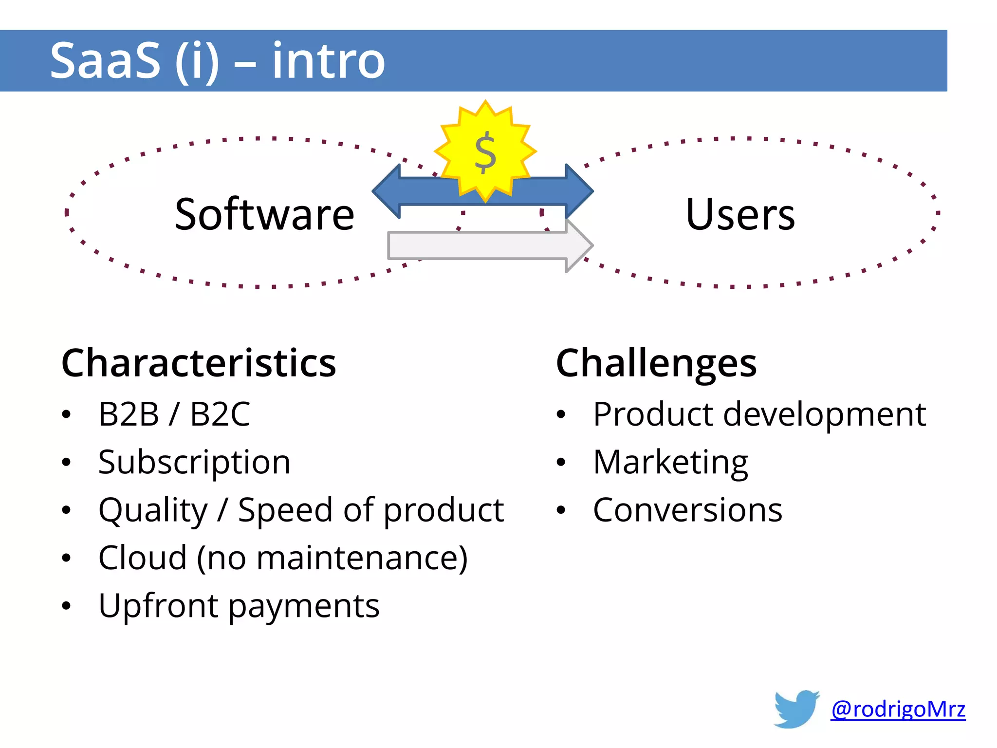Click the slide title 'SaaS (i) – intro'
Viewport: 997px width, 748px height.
[217, 61]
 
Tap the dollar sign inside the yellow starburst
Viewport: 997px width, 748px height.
[485, 153]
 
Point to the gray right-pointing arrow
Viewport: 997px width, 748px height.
[487, 245]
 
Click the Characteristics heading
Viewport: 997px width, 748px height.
[199, 363]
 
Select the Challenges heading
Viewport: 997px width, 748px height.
[656, 363]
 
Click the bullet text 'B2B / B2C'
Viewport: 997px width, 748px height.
[174, 414]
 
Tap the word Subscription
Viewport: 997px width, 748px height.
[194, 462]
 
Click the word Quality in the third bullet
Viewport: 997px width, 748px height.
[153, 510]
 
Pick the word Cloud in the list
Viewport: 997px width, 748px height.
[142, 558]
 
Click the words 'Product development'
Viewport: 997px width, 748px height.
[759, 414]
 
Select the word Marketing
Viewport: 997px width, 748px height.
[670, 462]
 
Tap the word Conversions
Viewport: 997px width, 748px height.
[687, 510]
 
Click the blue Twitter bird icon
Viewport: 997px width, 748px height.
[796, 709]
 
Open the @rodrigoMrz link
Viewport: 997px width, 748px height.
[898, 709]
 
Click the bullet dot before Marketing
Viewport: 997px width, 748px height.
[561, 462]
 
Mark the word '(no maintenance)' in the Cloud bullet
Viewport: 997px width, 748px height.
[332, 558]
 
